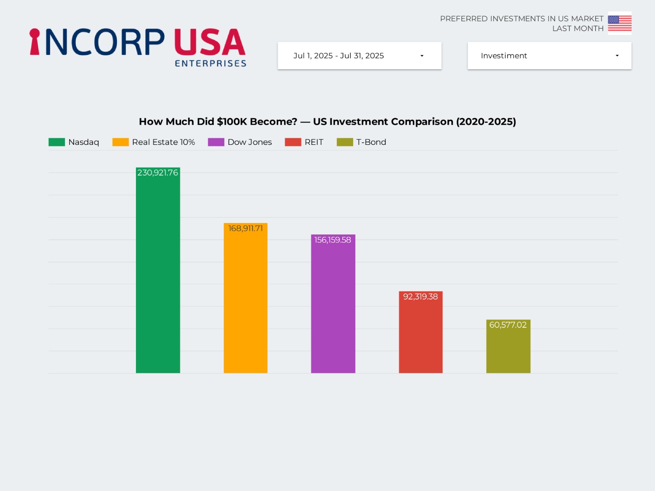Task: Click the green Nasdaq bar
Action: point(158,274)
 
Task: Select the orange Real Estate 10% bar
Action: point(245,303)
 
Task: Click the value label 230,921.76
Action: point(158,173)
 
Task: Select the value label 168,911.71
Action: point(245,228)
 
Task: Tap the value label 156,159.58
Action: point(332,240)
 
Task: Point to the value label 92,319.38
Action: point(420,297)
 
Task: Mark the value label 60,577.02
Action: point(508,325)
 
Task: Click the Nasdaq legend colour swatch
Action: point(56,142)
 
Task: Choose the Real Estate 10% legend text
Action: point(163,142)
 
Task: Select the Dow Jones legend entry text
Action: point(249,142)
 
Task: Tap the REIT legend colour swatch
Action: point(293,142)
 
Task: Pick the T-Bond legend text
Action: point(371,142)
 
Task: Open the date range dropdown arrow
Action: point(422,56)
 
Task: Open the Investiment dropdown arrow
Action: point(617,56)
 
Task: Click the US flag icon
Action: point(619,23)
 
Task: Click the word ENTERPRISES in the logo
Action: point(210,63)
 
